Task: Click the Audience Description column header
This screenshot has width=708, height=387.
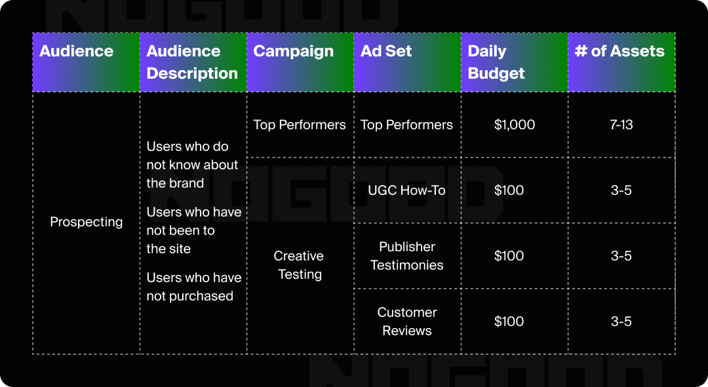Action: [x=192, y=62]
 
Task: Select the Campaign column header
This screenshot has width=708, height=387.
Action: [x=293, y=51]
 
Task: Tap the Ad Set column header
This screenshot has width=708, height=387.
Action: [x=386, y=51]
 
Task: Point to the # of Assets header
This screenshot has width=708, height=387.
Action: [x=619, y=51]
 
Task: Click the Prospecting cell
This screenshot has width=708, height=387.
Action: [x=87, y=222]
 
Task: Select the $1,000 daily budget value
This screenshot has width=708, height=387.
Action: [x=515, y=125]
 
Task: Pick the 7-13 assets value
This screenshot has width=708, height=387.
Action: [x=621, y=125]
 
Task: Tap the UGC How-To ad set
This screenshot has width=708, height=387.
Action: [x=406, y=190]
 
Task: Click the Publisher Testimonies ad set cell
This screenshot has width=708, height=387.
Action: [x=406, y=256]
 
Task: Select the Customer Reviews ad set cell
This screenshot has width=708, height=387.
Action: [x=406, y=321]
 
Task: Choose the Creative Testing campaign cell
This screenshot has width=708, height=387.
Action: [x=300, y=265]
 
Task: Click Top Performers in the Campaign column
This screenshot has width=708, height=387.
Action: [x=300, y=125]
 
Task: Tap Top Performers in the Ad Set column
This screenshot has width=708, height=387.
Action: [x=406, y=125]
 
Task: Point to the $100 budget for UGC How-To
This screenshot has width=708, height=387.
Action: [x=509, y=190]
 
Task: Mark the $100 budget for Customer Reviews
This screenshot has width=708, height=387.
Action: [x=509, y=321]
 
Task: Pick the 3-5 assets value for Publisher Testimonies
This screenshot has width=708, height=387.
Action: [x=621, y=256]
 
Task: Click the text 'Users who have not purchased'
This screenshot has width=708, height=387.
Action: [x=193, y=287]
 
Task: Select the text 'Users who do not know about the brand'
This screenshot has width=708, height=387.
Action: [x=192, y=165]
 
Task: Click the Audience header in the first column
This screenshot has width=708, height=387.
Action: [x=76, y=51]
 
